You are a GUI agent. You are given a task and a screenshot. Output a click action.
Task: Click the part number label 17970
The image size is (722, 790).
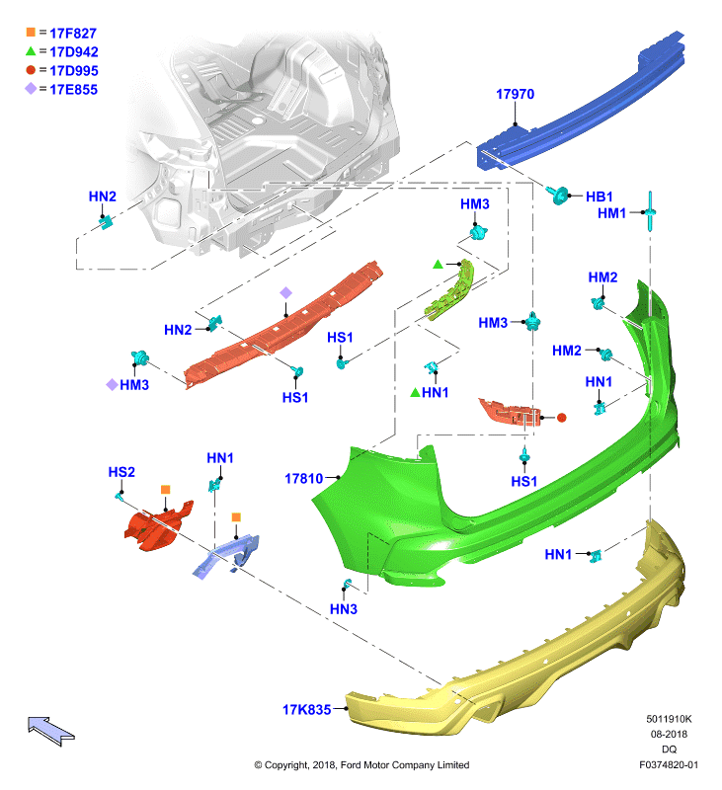515,94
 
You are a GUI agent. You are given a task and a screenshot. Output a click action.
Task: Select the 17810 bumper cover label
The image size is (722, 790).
304,478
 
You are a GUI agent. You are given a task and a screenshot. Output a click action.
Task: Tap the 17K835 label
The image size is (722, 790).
307,709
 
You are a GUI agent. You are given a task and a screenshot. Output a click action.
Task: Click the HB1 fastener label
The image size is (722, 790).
600,197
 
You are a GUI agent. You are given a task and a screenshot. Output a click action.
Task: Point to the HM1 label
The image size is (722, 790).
611,213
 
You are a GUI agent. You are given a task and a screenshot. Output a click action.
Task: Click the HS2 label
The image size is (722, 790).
121,472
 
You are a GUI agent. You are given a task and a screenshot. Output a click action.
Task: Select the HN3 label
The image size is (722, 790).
344,609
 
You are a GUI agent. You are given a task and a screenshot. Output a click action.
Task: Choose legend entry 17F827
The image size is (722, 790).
73,34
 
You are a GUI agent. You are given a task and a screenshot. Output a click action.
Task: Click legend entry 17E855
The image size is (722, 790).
73,90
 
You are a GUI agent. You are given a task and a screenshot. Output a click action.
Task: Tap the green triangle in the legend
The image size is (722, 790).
31,51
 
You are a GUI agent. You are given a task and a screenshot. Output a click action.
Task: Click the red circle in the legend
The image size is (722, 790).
31,70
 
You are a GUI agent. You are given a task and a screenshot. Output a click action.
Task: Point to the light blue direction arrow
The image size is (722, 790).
51,731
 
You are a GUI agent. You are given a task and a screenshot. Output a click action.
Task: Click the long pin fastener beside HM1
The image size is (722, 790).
651,211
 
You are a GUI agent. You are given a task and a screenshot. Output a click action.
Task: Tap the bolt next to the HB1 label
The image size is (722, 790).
557,194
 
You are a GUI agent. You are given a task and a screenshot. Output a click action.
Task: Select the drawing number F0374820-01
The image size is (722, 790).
669,764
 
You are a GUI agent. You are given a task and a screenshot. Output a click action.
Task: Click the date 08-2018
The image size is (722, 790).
669,734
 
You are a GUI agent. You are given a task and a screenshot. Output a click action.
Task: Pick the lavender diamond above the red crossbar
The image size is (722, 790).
285,292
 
